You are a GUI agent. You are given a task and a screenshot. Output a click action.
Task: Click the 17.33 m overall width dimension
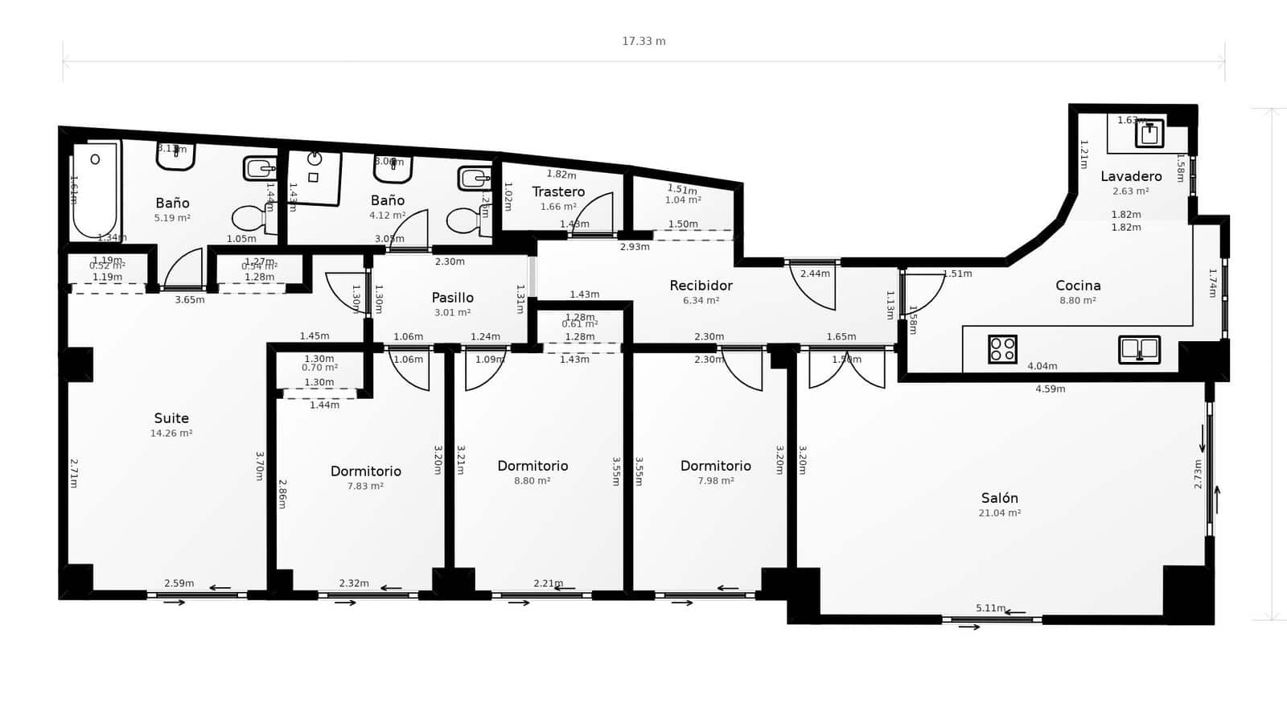click(643, 41)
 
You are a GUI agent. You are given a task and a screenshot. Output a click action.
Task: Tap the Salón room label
click(999, 498)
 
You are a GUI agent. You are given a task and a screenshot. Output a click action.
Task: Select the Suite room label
click(171, 418)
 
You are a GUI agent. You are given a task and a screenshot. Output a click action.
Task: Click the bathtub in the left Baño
click(95, 190)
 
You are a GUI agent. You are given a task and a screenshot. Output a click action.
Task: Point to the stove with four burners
click(1002, 349)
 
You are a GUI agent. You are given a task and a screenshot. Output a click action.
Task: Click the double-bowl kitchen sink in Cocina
click(1139, 349)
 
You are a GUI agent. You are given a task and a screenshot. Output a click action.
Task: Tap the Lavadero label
click(1131, 176)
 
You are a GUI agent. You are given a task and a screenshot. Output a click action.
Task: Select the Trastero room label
click(558, 191)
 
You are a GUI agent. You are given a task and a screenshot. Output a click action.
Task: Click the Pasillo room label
click(452, 298)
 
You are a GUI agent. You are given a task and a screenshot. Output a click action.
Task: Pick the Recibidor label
click(701, 286)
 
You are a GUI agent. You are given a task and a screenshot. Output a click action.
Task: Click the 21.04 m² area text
click(999, 513)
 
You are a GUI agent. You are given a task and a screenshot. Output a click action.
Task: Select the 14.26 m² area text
click(171, 434)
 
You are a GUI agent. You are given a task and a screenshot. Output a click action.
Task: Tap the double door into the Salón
click(846, 368)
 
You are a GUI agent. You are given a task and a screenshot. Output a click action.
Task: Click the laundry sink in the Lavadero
click(1149, 134)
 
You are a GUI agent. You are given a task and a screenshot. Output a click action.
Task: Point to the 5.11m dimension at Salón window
click(990, 608)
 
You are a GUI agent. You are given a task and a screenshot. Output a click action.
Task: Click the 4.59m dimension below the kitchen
click(1050, 389)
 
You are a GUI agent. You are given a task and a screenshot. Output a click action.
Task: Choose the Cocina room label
click(1078, 286)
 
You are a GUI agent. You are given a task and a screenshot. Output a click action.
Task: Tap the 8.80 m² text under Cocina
click(1078, 301)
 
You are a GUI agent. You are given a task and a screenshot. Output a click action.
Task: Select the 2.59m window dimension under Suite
click(179, 583)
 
